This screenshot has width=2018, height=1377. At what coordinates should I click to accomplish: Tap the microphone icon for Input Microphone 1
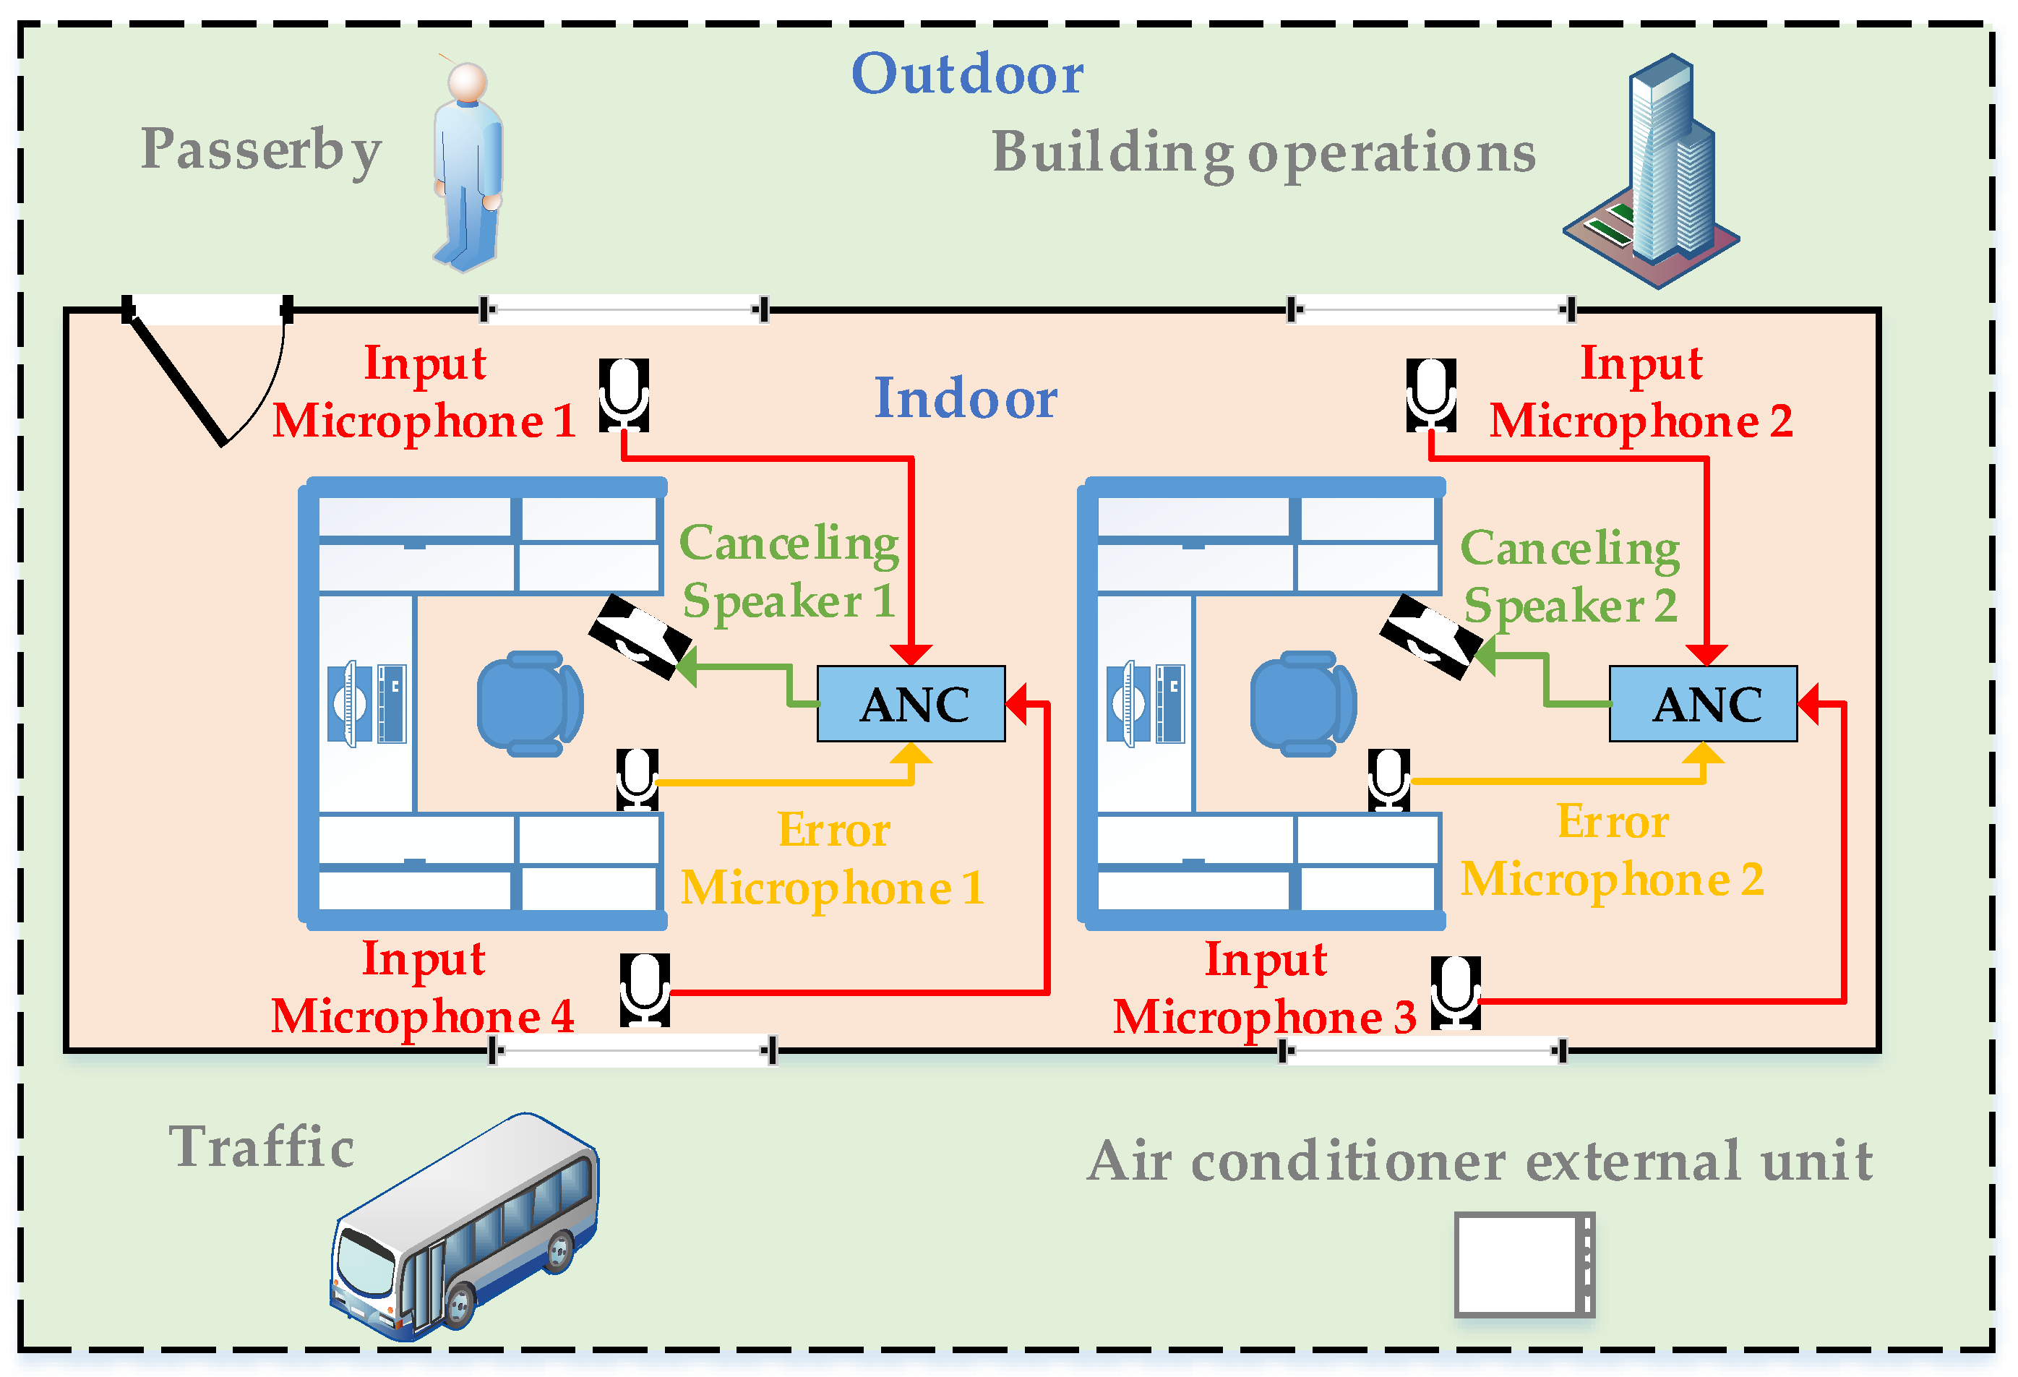coord(624,395)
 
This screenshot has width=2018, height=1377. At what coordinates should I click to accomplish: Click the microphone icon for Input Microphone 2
coord(1431,395)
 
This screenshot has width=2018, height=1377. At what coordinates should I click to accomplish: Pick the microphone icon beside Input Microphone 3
coord(1456,992)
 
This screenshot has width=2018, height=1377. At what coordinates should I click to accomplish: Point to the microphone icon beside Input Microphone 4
coord(644,990)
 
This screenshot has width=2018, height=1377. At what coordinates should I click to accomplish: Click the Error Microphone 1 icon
coord(637,778)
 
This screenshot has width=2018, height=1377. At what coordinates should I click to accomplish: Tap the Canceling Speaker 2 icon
coord(1430,636)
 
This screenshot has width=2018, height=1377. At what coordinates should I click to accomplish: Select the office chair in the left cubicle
coord(530,703)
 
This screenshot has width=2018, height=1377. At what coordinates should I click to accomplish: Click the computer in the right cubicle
coord(1146,703)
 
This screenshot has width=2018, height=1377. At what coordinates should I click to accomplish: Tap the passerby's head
coord(467,82)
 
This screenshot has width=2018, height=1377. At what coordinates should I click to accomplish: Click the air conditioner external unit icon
coord(1524,1264)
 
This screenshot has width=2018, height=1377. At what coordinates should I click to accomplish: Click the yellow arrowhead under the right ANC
coord(1703,754)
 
